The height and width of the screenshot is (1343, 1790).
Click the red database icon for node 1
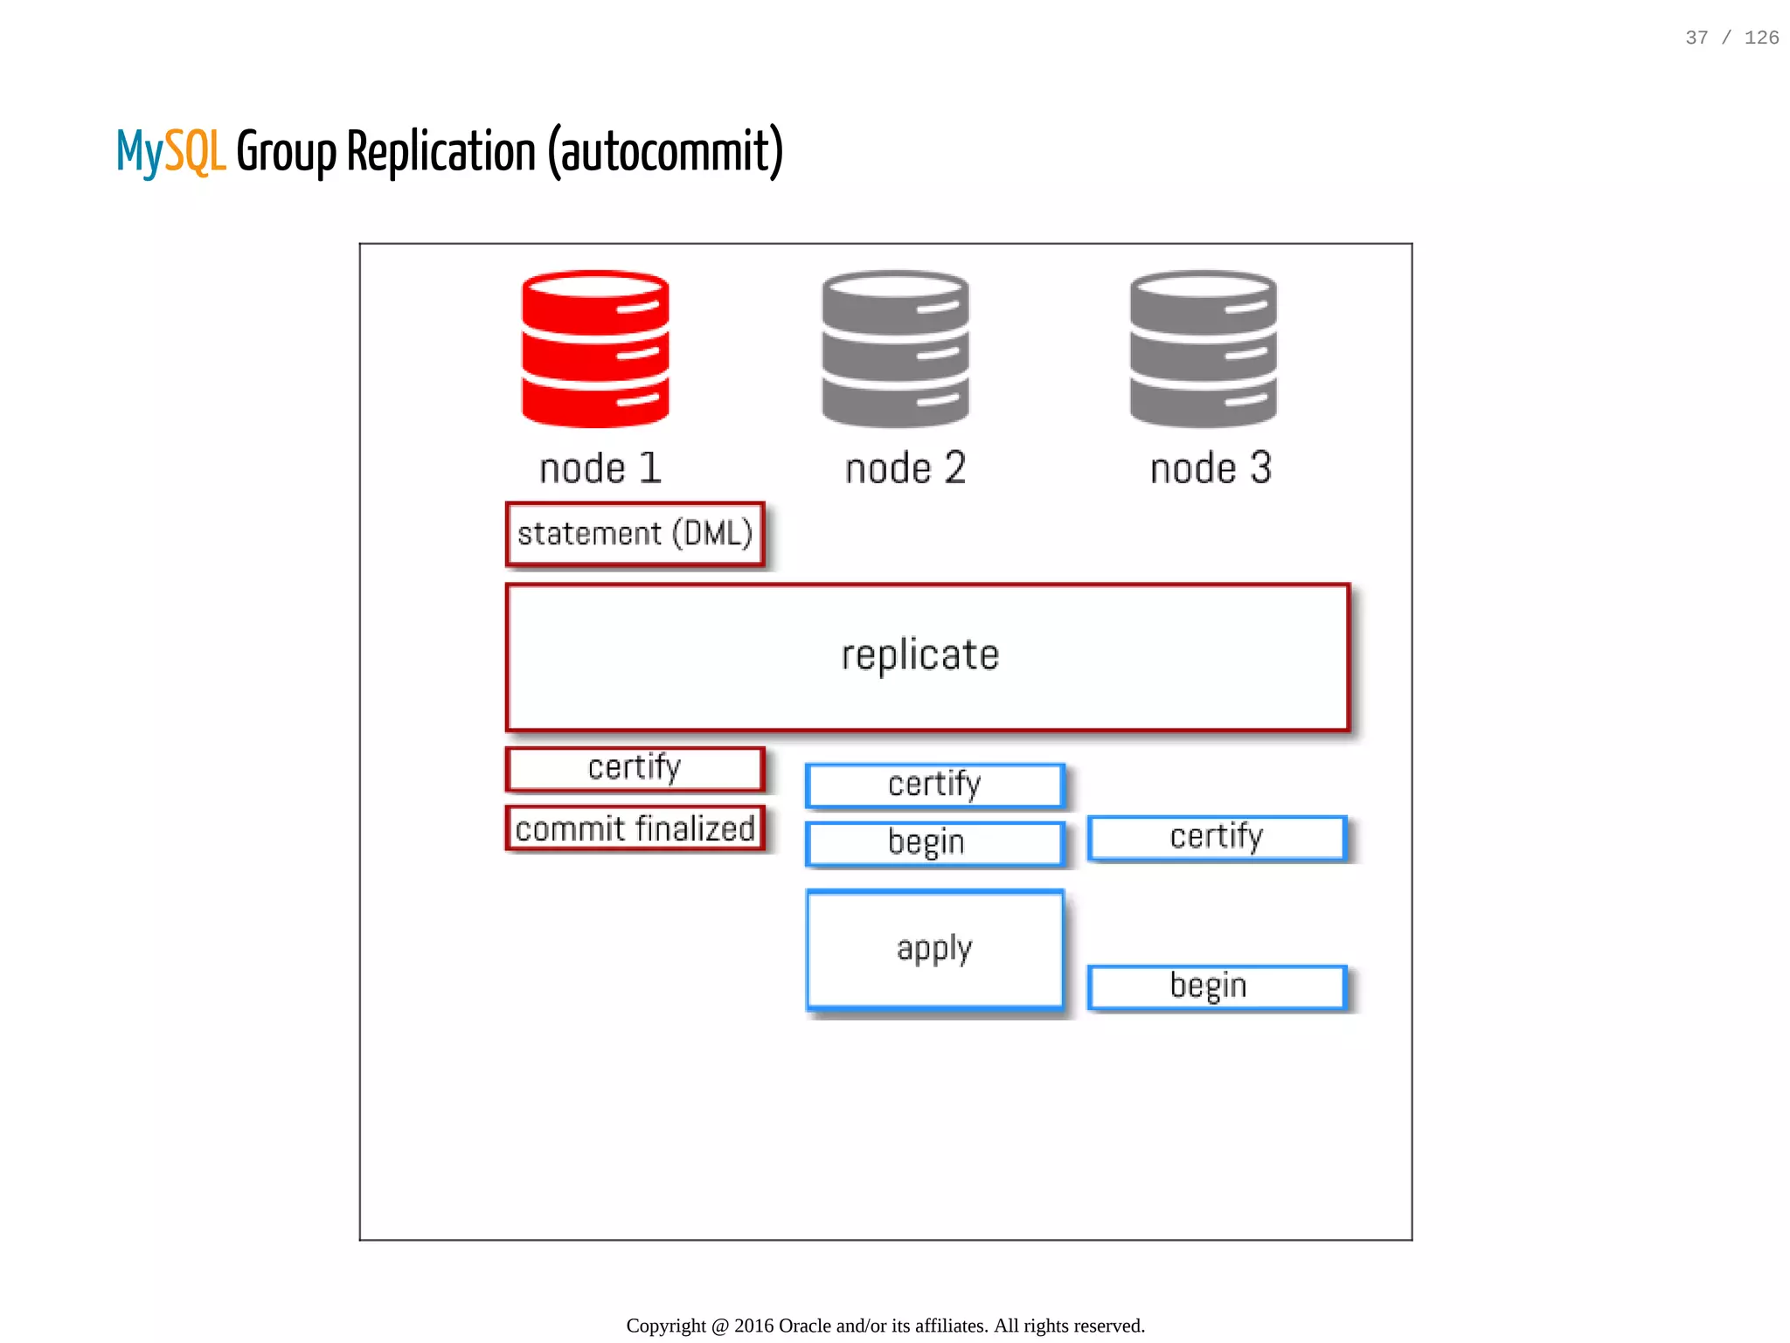pyautogui.click(x=595, y=349)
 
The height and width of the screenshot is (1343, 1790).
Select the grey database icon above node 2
pyautogui.click(x=895, y=349)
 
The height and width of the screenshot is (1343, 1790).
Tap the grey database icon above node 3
pyautogui.click(x=1203, y=349)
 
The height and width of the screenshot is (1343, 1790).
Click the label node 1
pyautogui.click(x=600, y=469)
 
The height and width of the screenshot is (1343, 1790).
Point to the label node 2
pyautogui.click(x=905, y=469)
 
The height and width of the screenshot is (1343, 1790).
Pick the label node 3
pyautogui.click(x=1211, y=469)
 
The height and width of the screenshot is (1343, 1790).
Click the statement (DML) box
pyautogui.click(x=635, y=534)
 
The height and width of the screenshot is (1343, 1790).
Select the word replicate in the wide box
pyautogui.click(x=919, y=655)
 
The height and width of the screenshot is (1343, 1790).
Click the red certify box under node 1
pyautogui.click(x=635, y=768)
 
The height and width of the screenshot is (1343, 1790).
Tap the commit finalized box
pyautogui.click(x=635, y=828)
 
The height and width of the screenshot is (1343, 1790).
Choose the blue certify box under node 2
pyautogui.click(x=934, y=785)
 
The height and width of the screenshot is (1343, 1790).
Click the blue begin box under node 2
pyautogui.click(x=934, y=842)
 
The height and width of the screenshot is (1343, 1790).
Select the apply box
pyautogui.click(x=934, y=949)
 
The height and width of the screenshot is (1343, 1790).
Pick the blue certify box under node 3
pyautogui.click(x=1217, y=837)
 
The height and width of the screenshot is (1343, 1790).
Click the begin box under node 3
pyautogui.click(x=1217, y=986)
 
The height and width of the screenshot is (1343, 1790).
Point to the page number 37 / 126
pyautogui.click(x=1731, y=38)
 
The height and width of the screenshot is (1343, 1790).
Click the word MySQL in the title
pyautogui.click(x=170, y=151)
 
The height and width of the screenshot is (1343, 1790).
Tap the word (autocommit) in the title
pyautogui.click(x=665, y=151)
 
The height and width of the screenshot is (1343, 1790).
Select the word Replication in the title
pyautogui.click(x=441, y=151)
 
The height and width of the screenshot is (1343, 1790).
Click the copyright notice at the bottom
pyautogui.click(x=885, y=1326)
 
